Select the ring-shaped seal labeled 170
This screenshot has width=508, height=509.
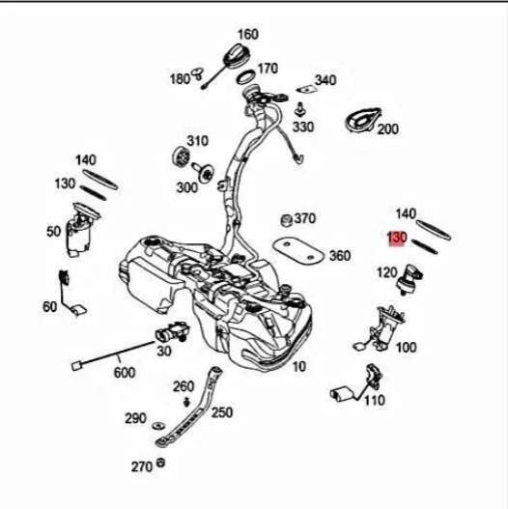tap(245, 74)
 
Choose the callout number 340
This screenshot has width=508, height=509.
tap(325, 80)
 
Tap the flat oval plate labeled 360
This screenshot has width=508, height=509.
tap(296, 247)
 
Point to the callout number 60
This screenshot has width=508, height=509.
tap(49, 307)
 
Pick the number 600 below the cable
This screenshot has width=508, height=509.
tap(125, 372)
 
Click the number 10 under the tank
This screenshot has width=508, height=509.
tap(298, 366)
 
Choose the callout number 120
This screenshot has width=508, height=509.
tap(385, 273)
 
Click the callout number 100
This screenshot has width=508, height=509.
tap(406, 346)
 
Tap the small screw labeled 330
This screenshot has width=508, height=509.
tap(302, 107)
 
